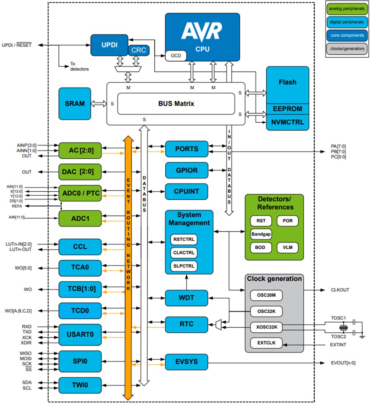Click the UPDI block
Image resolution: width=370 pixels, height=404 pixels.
[109, 45]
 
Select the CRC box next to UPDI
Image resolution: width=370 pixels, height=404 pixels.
[139, 50]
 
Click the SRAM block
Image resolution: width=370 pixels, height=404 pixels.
[74, 104]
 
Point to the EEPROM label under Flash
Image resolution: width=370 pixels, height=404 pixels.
[287, 109]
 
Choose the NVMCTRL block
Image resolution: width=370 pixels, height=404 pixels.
[287, 122]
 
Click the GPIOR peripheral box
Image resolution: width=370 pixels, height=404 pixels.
[187, 170]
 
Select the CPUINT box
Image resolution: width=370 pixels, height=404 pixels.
[187, 191]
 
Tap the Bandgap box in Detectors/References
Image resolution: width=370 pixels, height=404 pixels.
[261, 234]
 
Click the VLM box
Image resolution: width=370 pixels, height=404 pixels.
[287, 247]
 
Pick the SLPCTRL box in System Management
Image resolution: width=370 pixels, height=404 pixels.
[184, 266]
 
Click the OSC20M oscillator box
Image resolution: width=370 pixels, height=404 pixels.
[266, 295]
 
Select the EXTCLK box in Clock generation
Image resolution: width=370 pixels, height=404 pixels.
[266, 343]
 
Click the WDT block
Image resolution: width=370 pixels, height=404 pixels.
[187, 298]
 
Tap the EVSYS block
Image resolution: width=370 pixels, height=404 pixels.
[187, 362]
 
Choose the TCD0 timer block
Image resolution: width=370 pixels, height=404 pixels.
[80, 311]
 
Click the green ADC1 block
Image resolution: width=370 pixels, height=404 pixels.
[80, 219]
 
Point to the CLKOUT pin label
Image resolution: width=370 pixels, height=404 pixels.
[340, 290]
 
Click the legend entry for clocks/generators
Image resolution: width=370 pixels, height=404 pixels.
[347, 48]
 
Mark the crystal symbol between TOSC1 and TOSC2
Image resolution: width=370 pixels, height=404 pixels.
[343, 327]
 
